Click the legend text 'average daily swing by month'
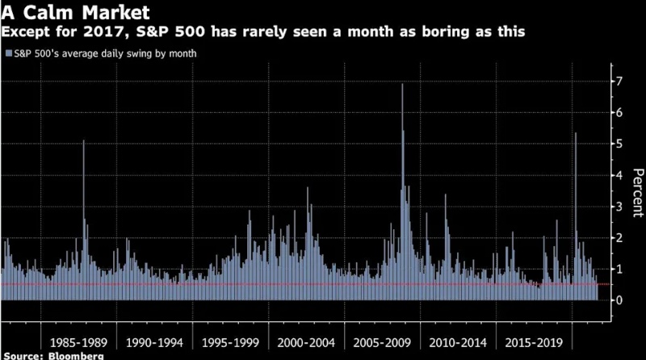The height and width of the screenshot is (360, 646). click(x=130, y=53)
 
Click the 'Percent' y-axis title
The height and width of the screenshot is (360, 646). click(x=637, y=190)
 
